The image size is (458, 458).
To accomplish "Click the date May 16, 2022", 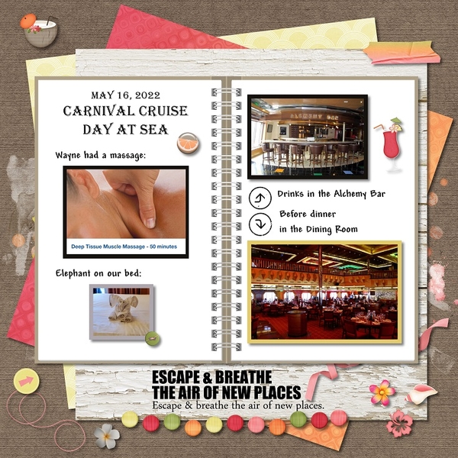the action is point(126,95).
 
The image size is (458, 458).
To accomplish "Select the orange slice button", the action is point(188,143).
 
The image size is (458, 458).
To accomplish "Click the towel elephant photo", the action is point(121,312).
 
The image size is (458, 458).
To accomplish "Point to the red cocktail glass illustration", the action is point(390,144).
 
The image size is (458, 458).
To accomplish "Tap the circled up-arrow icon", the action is point(260,198).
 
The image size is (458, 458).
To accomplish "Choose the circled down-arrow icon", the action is point(260,224).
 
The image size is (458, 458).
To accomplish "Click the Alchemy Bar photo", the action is point(308,137).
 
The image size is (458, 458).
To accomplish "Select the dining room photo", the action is point(324,292).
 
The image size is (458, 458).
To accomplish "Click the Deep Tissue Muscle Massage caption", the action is point(124,247).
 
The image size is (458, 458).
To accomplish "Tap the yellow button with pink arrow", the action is point(26,381).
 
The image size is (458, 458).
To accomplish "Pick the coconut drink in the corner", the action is point(40,30).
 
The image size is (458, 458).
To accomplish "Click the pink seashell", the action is point(417,395).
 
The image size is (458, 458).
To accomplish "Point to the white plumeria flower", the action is point(107,437).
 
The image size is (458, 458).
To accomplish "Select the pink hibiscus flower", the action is point(399,424).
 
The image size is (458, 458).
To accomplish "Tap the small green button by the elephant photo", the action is point(153,339).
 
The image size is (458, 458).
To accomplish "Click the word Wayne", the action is point(68,155).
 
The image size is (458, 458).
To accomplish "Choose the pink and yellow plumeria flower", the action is point(382,393).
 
